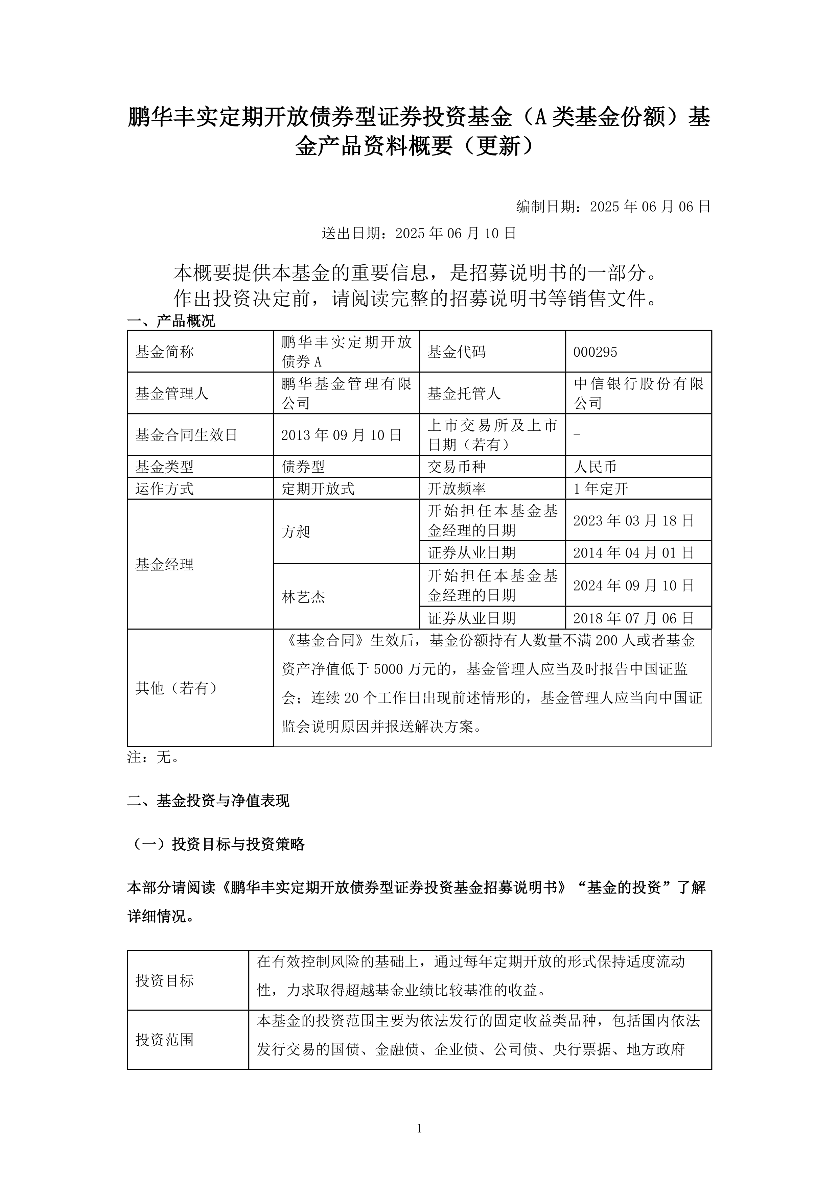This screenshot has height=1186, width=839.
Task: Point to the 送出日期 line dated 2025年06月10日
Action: click(x=419, y=234)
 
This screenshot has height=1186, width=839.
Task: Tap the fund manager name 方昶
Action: click(x=296, y=531)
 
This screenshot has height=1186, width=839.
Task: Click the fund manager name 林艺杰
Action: click(x=303, y=597)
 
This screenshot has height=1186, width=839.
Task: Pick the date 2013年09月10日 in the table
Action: click(x=342, y=435)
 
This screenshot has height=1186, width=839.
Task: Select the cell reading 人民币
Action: click(x=595, y=467)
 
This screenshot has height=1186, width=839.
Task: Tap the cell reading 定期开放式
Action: click(x=318, y=489)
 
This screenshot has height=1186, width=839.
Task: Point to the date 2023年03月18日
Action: click(x=633, y=521)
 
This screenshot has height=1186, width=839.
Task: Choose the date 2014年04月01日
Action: click(x=633, y=553)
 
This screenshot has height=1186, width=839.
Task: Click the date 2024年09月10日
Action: click(x=633, y=586)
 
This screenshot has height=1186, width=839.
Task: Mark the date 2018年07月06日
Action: click(x=633, y=618)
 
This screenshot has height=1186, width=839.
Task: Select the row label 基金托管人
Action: click(x=463, y=394)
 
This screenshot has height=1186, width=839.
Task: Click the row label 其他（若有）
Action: click(x=176, y=688)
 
